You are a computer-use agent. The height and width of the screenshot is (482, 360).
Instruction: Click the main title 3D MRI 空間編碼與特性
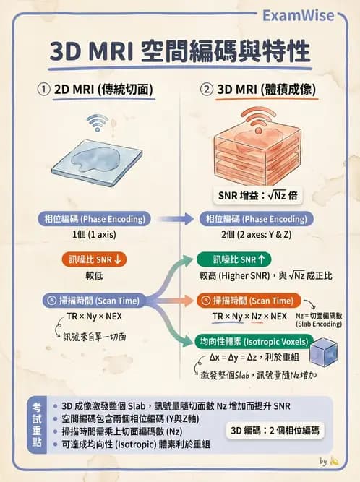(x=180, y=52)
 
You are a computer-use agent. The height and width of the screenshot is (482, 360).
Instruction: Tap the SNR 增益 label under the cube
(x=257, y=195)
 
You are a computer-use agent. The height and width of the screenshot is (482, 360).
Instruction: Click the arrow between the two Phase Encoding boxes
(x=175, y=219)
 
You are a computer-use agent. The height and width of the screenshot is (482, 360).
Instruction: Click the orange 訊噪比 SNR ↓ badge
(x=95, y=259)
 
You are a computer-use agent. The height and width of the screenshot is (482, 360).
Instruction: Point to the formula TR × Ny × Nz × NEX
(x=249, y=317)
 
